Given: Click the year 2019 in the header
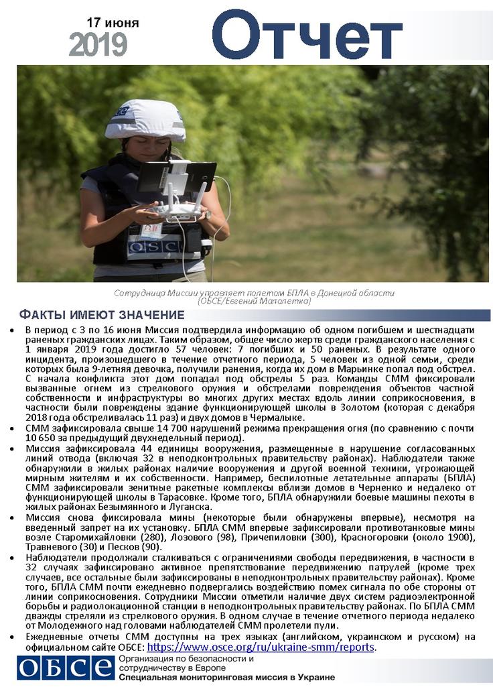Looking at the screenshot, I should (x=98, y=45).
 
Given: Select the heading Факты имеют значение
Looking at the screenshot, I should (x=101, y=315).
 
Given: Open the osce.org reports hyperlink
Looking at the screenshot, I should (x=261, y=647).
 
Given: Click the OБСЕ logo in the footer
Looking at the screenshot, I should (x=66, y=668).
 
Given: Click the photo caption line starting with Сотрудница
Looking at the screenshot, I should (x=254, y=294).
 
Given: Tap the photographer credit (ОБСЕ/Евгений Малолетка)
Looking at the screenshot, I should (x=254, y=302).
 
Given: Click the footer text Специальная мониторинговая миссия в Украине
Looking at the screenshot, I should (x=226, y=678).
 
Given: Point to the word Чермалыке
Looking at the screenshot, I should (x=274, y=418).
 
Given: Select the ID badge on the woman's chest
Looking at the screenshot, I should (x=151, y=230).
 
